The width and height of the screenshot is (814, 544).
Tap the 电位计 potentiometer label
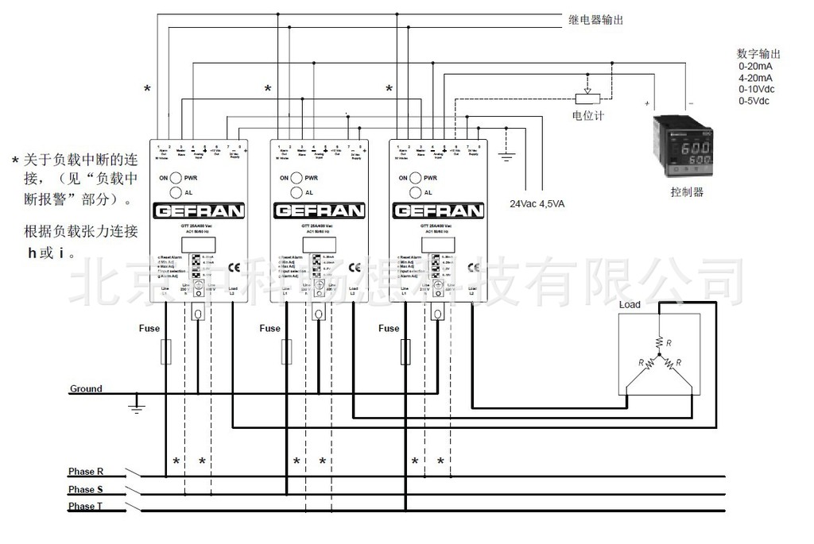(x=588, y=116)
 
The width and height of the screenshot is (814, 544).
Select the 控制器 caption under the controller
(x=687, y=192)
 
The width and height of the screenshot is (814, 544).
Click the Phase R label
(x=86, y=471)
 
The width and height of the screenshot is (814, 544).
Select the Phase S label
(x=86, y=490)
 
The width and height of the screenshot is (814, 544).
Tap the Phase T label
(x=86, y=507)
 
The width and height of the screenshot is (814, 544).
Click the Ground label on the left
(x=86, y=389)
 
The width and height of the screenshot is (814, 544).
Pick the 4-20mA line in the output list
(x=755, y=78)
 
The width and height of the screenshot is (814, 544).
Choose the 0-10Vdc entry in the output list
(x=758, y=90)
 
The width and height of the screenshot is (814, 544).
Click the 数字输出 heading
(x=759, y=55)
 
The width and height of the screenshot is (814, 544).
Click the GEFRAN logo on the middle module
(x=319, y=212)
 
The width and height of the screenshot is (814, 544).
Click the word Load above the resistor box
(x=630, y=305)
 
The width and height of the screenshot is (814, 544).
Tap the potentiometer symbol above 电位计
(x=587, y=98)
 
